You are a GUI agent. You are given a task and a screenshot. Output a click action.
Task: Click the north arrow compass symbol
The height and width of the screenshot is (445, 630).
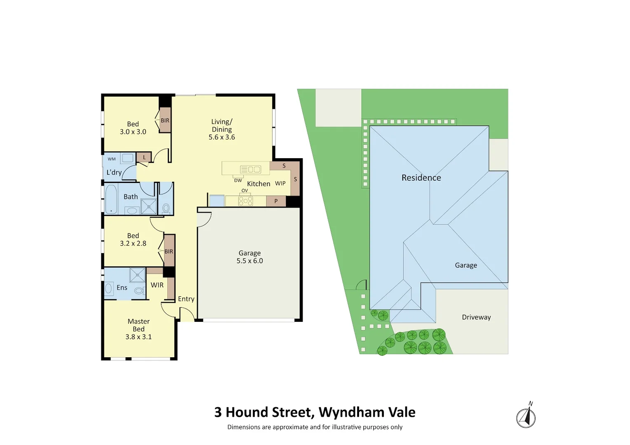click(526, 417)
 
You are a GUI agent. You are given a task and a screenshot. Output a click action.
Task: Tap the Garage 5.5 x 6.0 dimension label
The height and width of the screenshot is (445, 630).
click(249, 257)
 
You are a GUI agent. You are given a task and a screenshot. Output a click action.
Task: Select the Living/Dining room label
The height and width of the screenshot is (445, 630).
click(222, 129)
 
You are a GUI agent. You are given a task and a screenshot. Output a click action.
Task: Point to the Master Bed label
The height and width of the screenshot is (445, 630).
click(139, 329)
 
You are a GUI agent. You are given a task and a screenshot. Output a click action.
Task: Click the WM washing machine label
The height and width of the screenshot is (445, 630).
click(112, 159)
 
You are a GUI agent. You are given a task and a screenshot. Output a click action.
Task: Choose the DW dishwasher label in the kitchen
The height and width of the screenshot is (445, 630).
click(238, 180)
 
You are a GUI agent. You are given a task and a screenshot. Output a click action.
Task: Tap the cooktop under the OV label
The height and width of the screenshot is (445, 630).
click(245, 201)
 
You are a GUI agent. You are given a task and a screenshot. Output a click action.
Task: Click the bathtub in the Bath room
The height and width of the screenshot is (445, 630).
click(111, 199)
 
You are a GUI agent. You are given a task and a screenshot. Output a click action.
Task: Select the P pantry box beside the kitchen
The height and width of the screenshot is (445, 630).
click(276, 201)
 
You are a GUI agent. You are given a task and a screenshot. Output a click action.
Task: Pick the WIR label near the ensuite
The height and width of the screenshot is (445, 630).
click(157, 285)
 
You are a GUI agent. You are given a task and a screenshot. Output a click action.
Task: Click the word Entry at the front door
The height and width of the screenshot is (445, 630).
click(186, 299)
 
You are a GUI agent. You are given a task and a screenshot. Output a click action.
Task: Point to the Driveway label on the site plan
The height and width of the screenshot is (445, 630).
click(476, 317)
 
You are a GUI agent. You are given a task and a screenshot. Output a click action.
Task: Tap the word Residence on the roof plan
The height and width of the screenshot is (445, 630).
click(421, 178)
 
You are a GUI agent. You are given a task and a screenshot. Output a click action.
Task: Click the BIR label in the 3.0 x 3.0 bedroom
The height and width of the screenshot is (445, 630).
click(165, 121)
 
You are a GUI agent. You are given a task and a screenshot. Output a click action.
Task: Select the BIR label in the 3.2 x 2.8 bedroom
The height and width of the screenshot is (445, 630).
click(169, 251)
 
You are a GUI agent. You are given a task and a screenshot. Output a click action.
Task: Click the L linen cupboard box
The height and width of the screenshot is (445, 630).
click(144, 157)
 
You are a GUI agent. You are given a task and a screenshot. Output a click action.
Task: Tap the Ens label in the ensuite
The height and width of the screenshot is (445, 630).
click(122, 288)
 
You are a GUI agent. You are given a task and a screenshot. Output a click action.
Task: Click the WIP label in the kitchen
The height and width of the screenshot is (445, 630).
click(280, 183)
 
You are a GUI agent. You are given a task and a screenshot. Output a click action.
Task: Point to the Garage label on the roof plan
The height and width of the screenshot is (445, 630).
click(466, 265)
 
